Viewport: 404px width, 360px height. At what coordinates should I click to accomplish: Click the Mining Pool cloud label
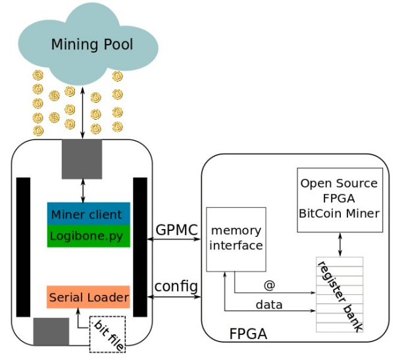91,45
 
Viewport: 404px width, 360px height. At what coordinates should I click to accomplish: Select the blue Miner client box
88,215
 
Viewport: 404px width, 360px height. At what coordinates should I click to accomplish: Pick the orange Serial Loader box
88,297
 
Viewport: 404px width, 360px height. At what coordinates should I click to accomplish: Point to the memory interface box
236,239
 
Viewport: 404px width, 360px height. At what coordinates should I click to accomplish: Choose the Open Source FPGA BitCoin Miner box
339,198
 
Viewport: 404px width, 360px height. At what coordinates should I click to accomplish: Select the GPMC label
177,230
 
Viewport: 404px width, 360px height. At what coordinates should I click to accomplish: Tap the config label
176,287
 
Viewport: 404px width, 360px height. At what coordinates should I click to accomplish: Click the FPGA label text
248,334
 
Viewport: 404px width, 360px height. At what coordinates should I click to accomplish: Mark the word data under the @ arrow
268,305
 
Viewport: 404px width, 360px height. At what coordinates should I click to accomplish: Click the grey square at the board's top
82,159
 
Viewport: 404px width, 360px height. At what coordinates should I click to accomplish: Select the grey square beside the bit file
51,331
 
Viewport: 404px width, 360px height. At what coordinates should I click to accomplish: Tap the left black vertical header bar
24,247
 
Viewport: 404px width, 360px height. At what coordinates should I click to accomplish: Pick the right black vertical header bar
140,247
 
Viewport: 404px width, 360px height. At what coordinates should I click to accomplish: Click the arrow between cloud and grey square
82,112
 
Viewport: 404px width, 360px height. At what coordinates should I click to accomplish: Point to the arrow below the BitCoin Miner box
340,244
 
